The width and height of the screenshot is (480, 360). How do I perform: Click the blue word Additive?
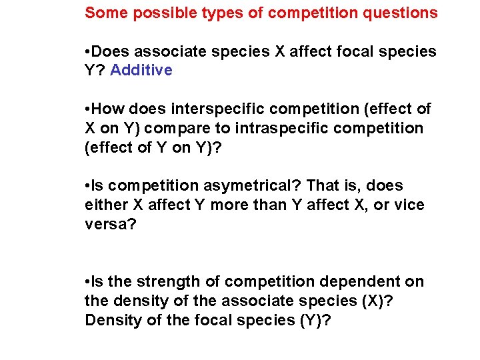pos(141,71)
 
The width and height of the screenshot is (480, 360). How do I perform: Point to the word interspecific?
pos(208,109)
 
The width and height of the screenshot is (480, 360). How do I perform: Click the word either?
pos(103,205)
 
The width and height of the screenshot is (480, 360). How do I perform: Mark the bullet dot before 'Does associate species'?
pos(89,52)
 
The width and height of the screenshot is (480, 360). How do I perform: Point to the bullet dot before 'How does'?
pos(89,109)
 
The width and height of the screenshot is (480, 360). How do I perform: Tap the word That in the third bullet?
pos(325,186)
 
